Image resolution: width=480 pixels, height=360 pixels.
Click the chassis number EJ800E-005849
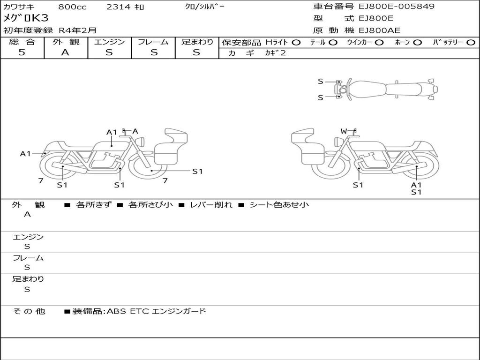coord(397,6)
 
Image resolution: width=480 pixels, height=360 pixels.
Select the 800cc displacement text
coord(72,7)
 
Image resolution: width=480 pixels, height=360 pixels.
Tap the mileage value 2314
coord(119,7)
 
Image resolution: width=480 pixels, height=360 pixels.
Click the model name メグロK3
coord(26,18)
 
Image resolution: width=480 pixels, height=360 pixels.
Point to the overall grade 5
coord(22,52)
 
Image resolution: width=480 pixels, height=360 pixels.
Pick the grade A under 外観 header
coord(65,52)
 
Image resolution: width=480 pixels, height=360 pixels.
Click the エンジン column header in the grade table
coord(109,42)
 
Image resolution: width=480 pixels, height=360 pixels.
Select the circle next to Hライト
coord(296,43)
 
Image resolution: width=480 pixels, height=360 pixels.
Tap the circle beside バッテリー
coord(471,43)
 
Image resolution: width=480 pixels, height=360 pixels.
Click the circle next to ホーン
coord(417,43)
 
